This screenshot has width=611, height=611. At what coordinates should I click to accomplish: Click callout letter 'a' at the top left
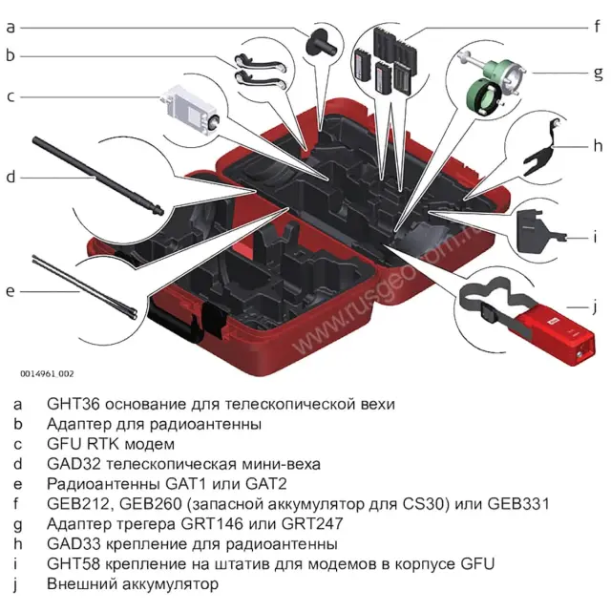(x=11, y=26)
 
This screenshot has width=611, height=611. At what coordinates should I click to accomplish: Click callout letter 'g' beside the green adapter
(x=598, y=73)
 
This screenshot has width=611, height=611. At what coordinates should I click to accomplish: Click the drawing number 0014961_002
(x=46, y=373)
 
